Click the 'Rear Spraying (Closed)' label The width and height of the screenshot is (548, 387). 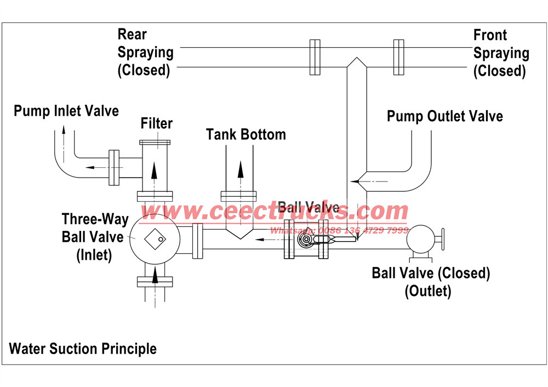pos(145,53)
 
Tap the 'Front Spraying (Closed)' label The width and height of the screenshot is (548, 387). pos(501,53)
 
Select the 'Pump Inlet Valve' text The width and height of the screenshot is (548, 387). pos(66,111)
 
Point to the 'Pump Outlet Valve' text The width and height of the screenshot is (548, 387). pos(444,116)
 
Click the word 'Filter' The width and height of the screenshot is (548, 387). pos(156,123)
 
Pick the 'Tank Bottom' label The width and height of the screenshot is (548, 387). pos(246,134)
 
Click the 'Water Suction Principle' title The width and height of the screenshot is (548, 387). pos(83,349)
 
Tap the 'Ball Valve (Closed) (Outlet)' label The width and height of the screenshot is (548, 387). pos(431,281)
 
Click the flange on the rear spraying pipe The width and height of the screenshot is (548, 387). pos(315,57)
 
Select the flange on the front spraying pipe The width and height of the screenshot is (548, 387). pos(398,57)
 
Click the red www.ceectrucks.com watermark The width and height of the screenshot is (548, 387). pos(274,211)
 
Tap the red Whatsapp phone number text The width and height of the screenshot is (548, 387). pos(339,230)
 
